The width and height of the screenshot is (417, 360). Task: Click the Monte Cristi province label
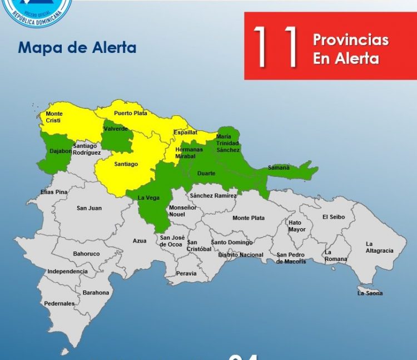pyautogui.click(x=54, y=117)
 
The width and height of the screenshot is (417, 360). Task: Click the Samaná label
pyautogui.click(x=279, y=167)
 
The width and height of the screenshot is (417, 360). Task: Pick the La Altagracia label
pyautogui.click(x=379, y=247)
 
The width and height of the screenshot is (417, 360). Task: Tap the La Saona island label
pyautogui.click(x=370, y=293)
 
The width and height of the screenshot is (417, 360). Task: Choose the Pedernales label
pyautogui.click(x=59, y=303)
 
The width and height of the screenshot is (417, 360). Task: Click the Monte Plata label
pyautogui.click(x=249, y=218)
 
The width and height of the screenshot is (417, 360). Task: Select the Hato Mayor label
pyautogui.click(x=297, y=226)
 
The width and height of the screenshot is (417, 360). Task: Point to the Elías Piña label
pyautogui.click(x=54, y=192)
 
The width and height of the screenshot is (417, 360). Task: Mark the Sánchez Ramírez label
pyautogui.click(x=213, y=196)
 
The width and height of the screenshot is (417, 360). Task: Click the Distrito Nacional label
pyautogui.click(x=241, y=254)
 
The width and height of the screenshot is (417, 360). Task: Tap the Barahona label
pyautogui.click(x=96, y=292)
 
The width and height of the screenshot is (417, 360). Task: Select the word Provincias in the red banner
pyautogui.click(x=350, y=40)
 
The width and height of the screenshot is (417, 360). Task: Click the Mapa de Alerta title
pyautogui.click(x=77, y=47)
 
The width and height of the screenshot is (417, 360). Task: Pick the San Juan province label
pyautogui.click(x=89, y=208)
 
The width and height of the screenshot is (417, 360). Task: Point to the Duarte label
pyautogui.click(x=206, y=174)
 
